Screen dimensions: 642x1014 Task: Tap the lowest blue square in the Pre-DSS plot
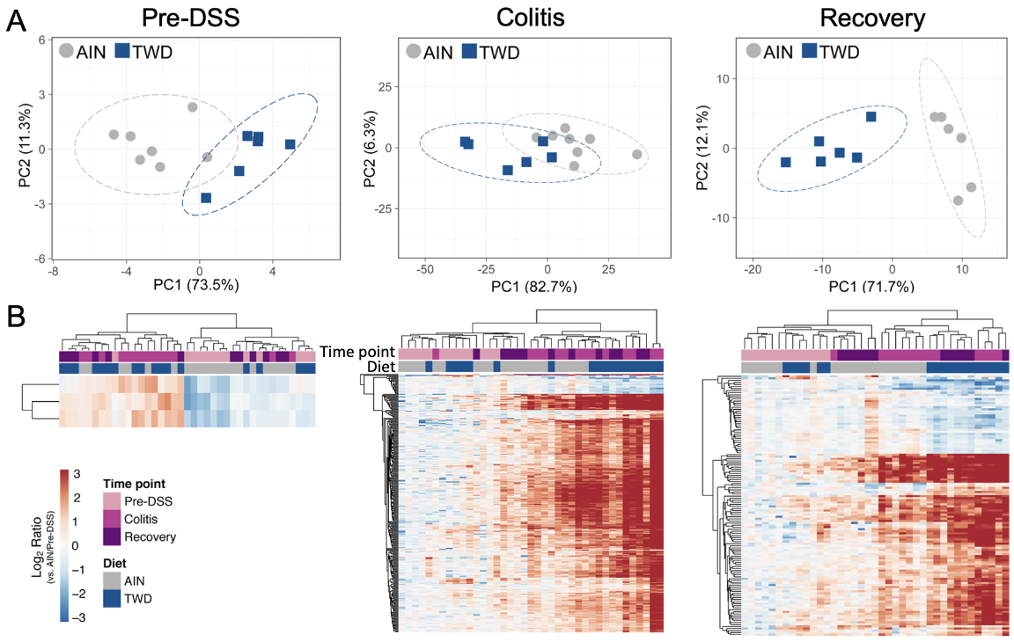tap(206, 198)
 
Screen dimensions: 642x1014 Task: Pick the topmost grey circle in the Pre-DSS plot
tap(192, 107)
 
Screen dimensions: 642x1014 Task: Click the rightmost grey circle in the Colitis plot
tap(636, 155)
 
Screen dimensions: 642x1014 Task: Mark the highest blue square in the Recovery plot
tap(871, 117)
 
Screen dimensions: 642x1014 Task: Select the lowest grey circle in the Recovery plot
tap(958, 201)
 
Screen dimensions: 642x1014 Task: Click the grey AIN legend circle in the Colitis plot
tap(414, 52)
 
